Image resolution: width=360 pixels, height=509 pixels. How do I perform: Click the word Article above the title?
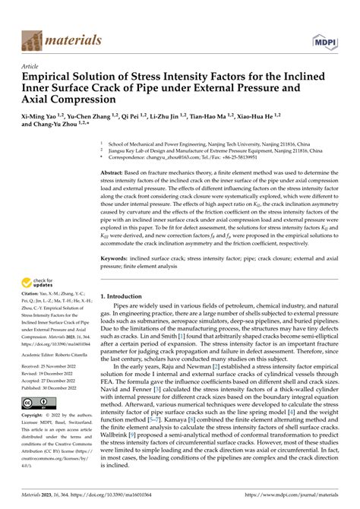[x=31, y=67]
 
